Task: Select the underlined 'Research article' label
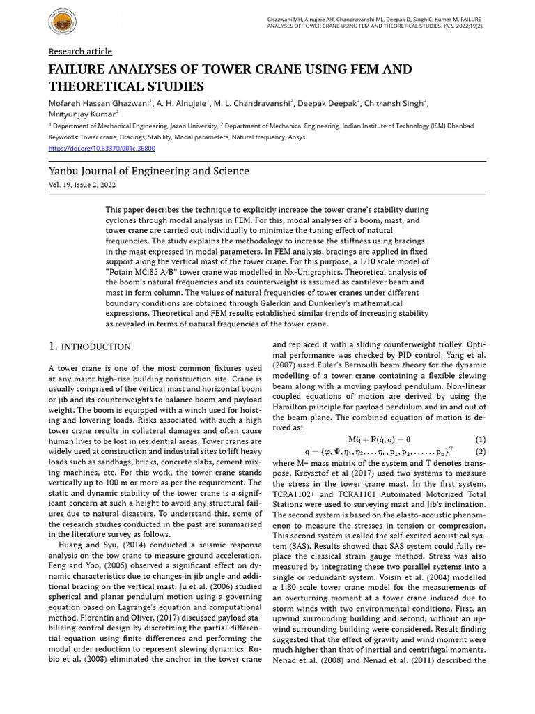pyautogui.click(x=79, y=52)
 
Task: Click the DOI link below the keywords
pyautogui.click(x=102, y=148)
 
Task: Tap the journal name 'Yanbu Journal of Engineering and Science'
pyautogui.click(x=148, y=171)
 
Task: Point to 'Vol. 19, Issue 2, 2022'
pyautogui.click(x=82, y=185)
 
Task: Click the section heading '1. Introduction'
pyautogui.click(x=89, y=347)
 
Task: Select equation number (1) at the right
pyautogui.click(x=480, y=439)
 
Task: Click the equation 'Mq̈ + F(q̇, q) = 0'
pyautogui.click(x=379, y=439)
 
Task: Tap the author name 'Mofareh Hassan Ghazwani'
pyautogui.click(x=97, y=104)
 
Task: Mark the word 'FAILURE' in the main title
pyautogui.click(x=77, y=70)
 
